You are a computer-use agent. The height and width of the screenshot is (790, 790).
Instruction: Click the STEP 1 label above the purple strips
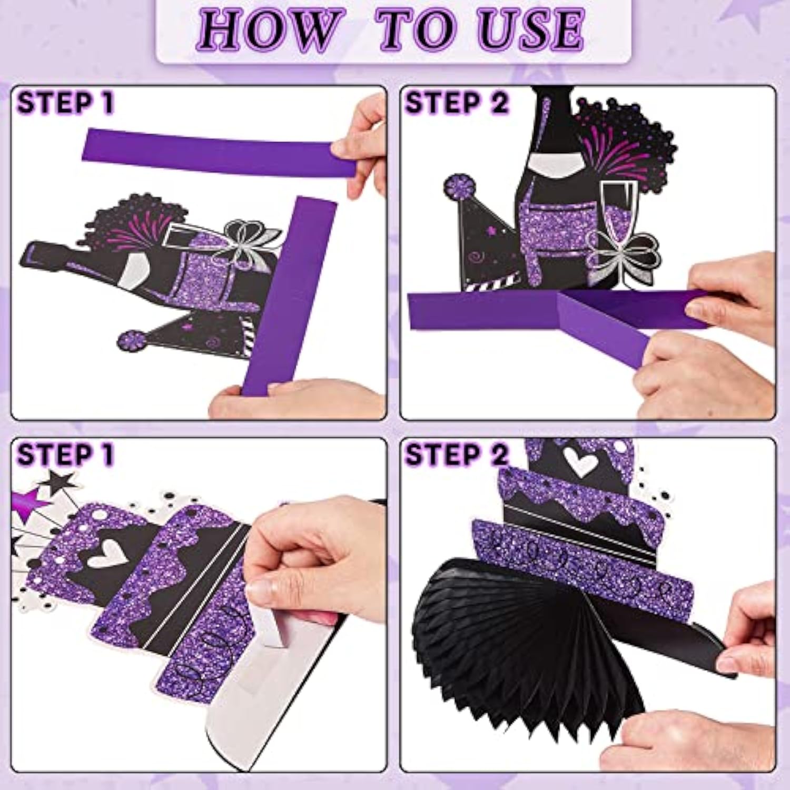(65, 103)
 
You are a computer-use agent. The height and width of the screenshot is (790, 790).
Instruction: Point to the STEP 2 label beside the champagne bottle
(456, 103)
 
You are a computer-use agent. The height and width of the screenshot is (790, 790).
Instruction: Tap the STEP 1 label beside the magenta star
(65, 454)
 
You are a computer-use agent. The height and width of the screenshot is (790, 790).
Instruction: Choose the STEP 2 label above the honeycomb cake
(456, 454)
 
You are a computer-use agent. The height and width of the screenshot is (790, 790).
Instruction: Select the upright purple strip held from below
(290, 295)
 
